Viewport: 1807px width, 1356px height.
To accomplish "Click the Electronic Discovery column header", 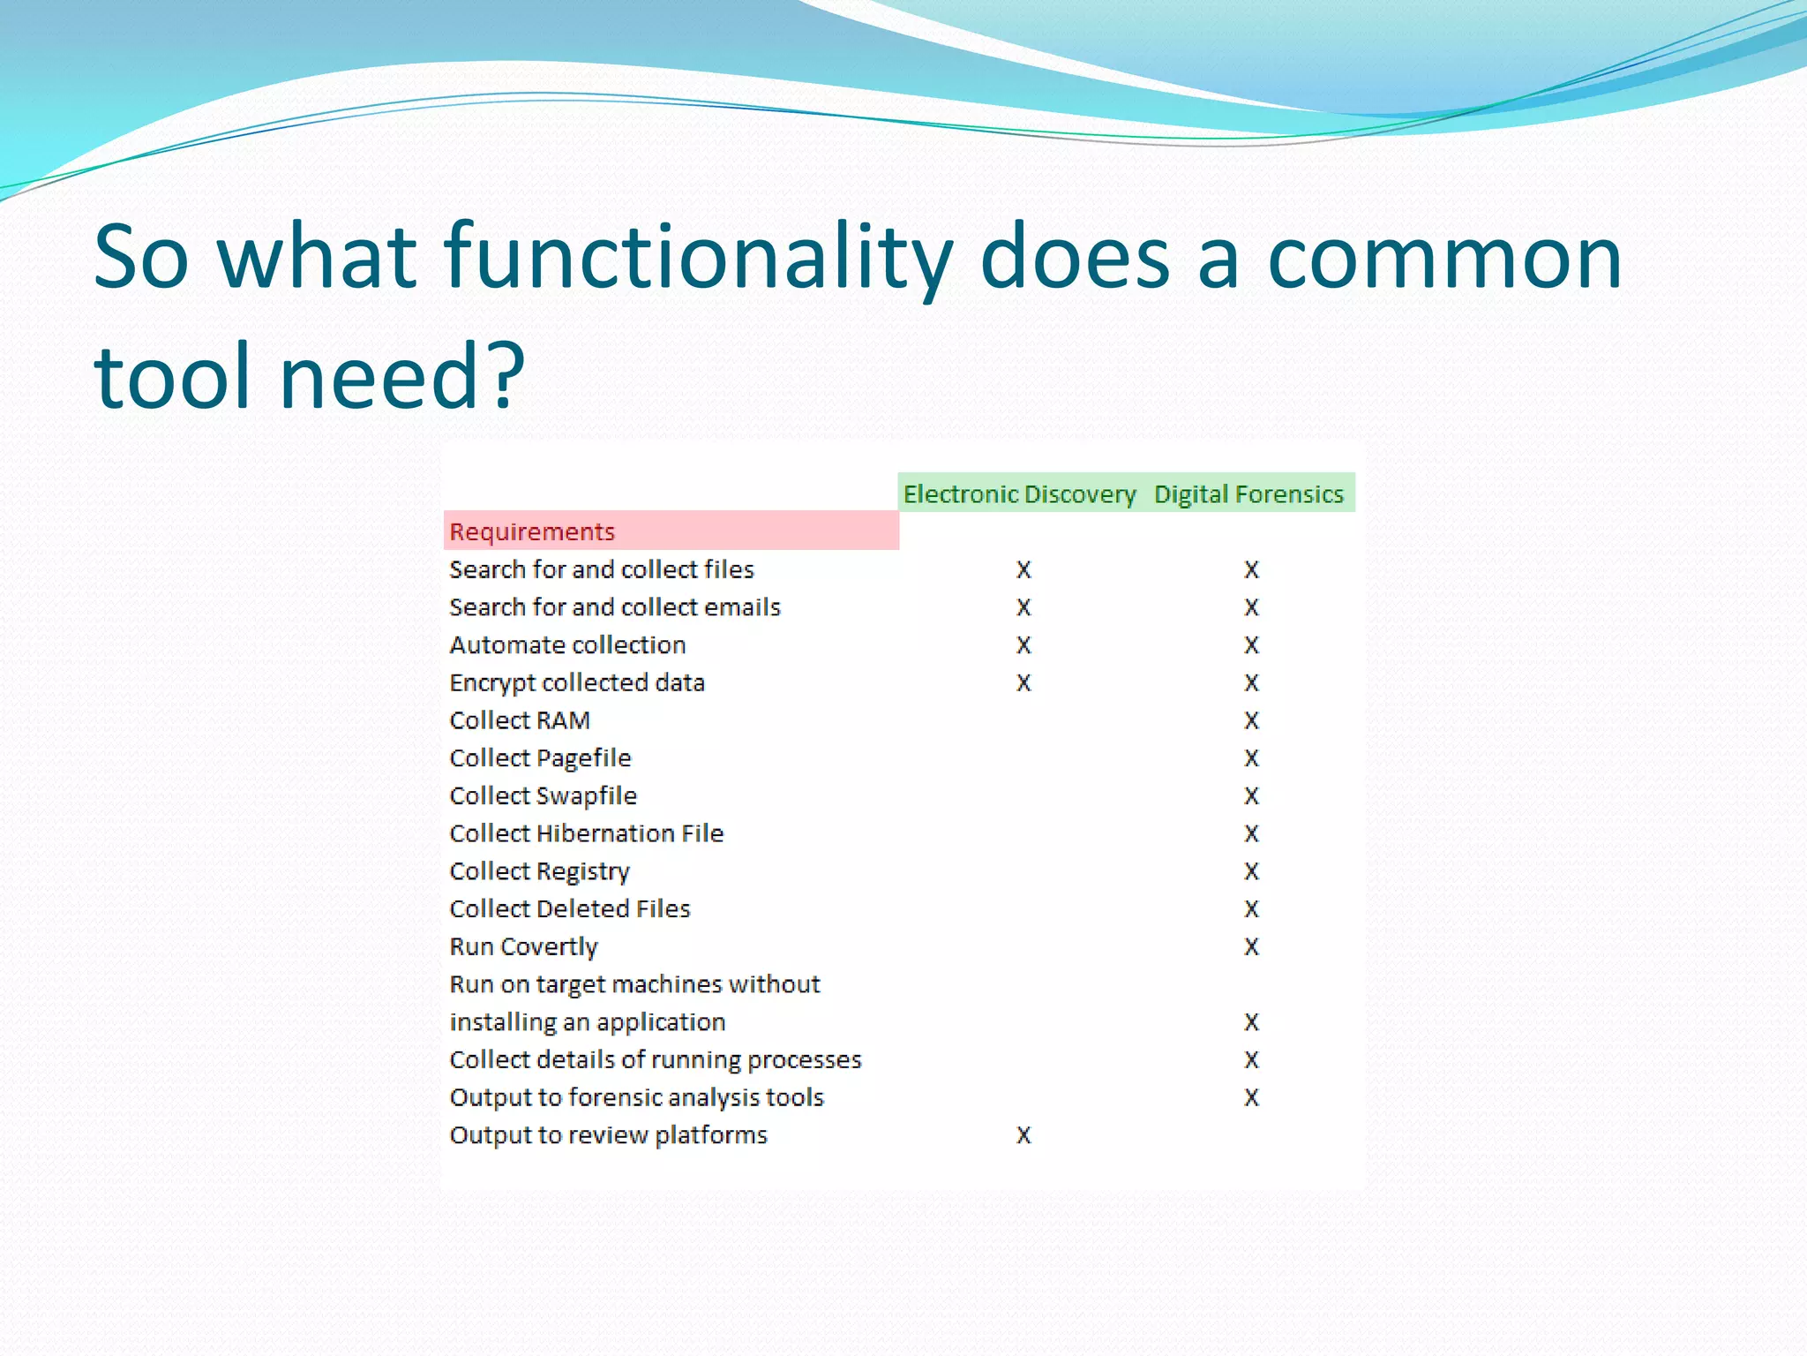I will [x=1019, y=493].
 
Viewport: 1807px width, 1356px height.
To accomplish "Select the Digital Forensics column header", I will [x=1248, y=493].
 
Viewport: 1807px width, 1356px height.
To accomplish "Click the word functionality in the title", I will [x=697, y=258].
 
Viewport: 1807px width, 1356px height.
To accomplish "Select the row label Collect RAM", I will [x=520, y=720].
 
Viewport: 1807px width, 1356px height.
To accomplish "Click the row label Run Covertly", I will [x=523, y=946].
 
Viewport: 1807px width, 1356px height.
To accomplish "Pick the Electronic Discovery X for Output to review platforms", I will [x=1023, y=1135].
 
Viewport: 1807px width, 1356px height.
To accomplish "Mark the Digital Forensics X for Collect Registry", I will [x=1251, y=871].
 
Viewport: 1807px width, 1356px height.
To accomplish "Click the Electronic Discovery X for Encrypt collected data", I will [x=1023, y=683].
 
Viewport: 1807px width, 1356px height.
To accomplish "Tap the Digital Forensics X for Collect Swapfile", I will [x=1251, y=796].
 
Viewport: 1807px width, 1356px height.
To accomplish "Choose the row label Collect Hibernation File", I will [x=586, y=833].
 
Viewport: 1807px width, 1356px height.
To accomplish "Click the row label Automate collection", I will [x=567, y=645].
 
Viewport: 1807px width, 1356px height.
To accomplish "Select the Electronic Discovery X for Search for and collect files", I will [x=1023, y=570].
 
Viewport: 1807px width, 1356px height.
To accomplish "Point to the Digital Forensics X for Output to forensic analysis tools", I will [x=1251, y=1097].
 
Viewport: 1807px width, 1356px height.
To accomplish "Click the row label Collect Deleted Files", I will [x=570, y=909].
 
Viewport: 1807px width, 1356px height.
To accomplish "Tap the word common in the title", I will [x=1444, y=258].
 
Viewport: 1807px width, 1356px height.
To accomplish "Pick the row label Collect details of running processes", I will [x=655, y=1059].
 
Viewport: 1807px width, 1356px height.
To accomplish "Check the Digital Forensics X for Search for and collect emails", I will [x=1251, y=607].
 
